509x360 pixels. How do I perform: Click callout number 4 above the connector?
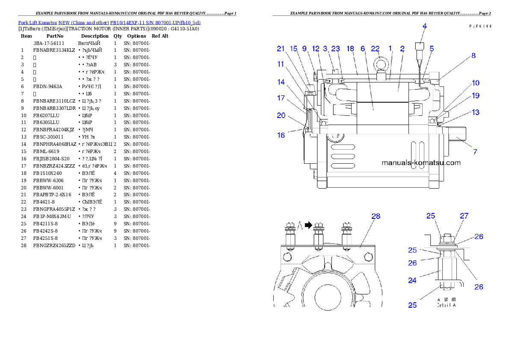coord(425,26)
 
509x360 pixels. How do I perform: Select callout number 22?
coord(375,49)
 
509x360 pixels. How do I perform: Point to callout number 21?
coord(281,49)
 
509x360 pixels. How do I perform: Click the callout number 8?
coord(473,56)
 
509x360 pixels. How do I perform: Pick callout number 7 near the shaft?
coord(475,151)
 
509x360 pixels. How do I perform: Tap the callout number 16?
coord(281,135)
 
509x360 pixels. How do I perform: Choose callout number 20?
coord(281,115)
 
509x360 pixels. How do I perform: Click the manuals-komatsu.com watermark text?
coord(421,163)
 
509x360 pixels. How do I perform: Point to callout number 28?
coord(376,216)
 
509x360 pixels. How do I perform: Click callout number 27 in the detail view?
coord(464,216)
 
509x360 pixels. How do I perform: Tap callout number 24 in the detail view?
coord(412,281)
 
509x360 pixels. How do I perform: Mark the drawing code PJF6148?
coord(479,26)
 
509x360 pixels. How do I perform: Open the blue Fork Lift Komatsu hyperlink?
coord(109,22)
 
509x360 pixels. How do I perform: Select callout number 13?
coord(475,112)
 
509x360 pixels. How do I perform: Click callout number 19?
coord(475,96)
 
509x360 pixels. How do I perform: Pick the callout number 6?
coord(363,49)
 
